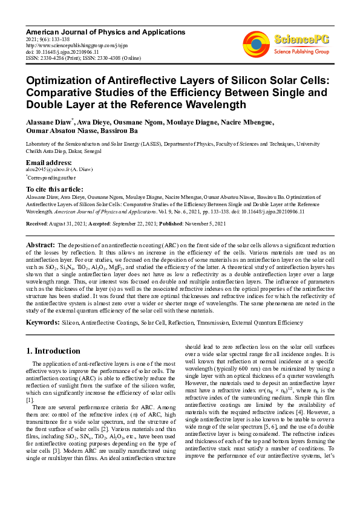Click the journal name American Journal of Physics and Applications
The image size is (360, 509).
click(105, 31)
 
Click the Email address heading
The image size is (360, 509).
click(49, 163)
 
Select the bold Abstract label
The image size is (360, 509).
click(41, 244)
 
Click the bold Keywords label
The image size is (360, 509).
click(42, 323)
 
